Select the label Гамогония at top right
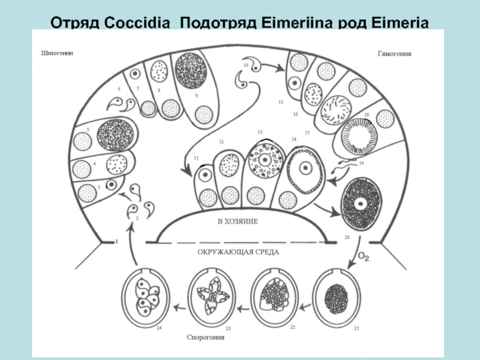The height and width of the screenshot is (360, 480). [x=394, y=53]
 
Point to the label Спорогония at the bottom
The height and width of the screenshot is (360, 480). [x=205, y=337]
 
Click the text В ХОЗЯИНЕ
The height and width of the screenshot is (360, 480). [x=238, y=221]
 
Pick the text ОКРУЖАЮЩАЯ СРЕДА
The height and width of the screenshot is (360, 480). [x=238, y=253]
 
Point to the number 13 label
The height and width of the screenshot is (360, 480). [x=260, y=132]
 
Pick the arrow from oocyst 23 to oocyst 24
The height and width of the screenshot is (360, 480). [x=178, y=308]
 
